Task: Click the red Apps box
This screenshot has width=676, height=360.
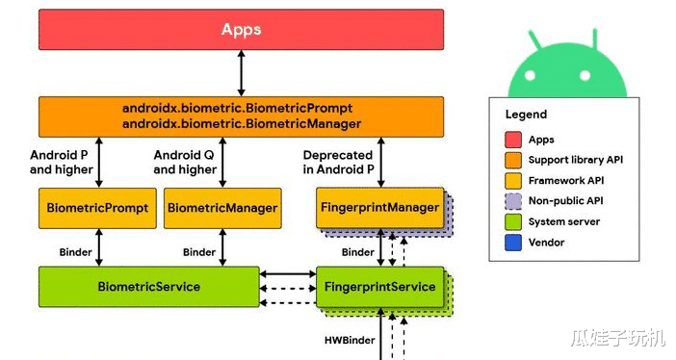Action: pyautogui.click(x=241, y=30)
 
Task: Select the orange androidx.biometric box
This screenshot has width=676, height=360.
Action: pyautogui.click(x=241, y=116)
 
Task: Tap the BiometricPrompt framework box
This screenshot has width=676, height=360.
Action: pyautogui.click(x=97, y=208)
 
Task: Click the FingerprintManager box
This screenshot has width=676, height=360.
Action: pyautogui.click(x=378, y=207)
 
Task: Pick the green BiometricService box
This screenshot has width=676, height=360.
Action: pyautogui.click(x=149, y=287)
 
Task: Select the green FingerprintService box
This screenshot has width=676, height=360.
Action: pyautogui.click(x=379, y=287)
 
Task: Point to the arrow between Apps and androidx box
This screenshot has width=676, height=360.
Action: pyautogui.click(x=241, y=73)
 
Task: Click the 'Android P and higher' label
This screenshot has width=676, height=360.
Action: pyautogui.click(x=62, y=162)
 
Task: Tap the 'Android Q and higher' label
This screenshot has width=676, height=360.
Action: pyautogui.click(x=185, y=162)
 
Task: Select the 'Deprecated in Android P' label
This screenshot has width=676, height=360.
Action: pyautogui.click(x=338, y=162)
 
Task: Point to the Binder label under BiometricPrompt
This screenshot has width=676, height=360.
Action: pyautogui.click(x=76, y=252)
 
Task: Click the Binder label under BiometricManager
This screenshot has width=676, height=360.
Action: pyautogui.click(x=199, y=252)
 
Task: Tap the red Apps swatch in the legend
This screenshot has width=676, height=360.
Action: pyautogui.click(x=513, y=141)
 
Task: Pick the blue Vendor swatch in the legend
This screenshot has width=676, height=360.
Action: pyautogui.click(x=513, y=243)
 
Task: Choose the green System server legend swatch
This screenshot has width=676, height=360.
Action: pyautogui.click(x=513, y=222)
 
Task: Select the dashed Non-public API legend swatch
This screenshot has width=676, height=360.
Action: pyautogui.click(x=513, y=201)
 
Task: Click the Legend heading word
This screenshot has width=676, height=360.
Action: pyautogui.click(x=526, y=115)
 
